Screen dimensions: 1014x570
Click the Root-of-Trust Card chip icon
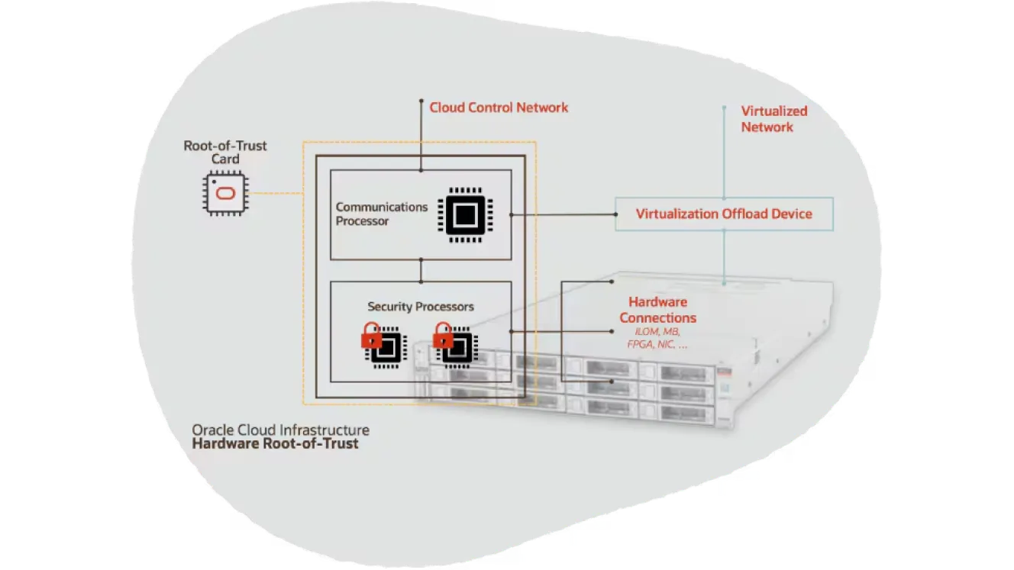pyautogui.click(x=225, y=193)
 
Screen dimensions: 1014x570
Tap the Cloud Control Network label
pyautogui.click(x=499, y=108)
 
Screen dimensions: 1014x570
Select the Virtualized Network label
pyautogui.click(x=774, y=119)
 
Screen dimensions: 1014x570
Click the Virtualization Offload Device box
pyautogui.click(x=724, y=214)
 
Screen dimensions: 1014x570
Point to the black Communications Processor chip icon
pyautogui.click(x=465, y=215)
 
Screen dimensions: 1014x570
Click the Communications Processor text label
pyautogui.click(x=381, y=214)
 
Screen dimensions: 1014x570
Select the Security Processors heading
pyautogui.click(x=421, y=307)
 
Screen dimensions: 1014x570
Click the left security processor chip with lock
pyautogui.click(x=384, y=345)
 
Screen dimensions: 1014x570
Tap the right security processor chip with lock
pyautogui.click(x=455, y=345)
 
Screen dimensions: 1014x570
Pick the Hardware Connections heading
pyautogui.click(x=657, y=310)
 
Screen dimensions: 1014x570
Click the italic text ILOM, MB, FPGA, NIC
pyautogui.click(x=657, y=338)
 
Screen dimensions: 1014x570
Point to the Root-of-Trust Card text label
pyautogui.click(x=225, y=153)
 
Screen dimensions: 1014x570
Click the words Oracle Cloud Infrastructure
pyautogui.click(x=281, y=430)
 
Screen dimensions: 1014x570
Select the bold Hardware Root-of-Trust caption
pyautogui.click(x=275, y=444)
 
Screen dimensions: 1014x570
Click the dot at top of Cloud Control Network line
pyautogui.click(x=421, y=101)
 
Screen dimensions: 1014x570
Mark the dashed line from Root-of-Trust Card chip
pyautogui.click(x=276, y=193)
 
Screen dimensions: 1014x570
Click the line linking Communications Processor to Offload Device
pyautogui.click(x=564, y=214)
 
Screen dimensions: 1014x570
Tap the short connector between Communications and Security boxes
pyautogui.click(x=421, y=271)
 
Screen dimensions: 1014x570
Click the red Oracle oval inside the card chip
pyautogui.click(x=225, y=194)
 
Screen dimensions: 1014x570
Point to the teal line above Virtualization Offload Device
pyautogui.click(x=725, y=153)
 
